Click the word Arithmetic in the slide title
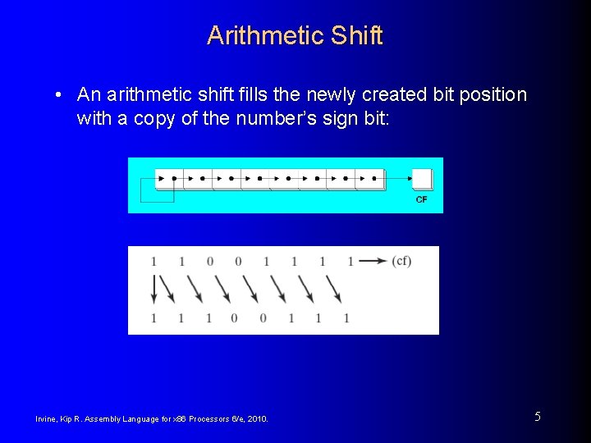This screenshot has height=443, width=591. (x=264, y=35)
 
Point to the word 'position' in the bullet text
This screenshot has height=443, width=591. (x=490, y=95)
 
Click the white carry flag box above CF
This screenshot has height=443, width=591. (x=422, y=179)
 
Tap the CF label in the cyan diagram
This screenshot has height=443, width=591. (x=422, y=199)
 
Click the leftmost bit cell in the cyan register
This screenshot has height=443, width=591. (x=165, y=178)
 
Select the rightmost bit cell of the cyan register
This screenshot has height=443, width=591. (x=370, y=178)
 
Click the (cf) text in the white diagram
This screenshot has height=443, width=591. (x=401, y=261)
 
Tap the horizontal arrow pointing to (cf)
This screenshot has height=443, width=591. (x=373, y=261)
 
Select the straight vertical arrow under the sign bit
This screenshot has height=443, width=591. (x=153, y=289)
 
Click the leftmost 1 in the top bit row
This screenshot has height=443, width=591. (x=153, y=262)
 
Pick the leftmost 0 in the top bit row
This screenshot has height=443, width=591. (x=209, y=262)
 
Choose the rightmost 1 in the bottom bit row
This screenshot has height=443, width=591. (x=346, y=317)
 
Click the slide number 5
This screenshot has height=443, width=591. (x=538, y=417)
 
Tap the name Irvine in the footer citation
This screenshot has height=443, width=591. (x=47, y=419)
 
